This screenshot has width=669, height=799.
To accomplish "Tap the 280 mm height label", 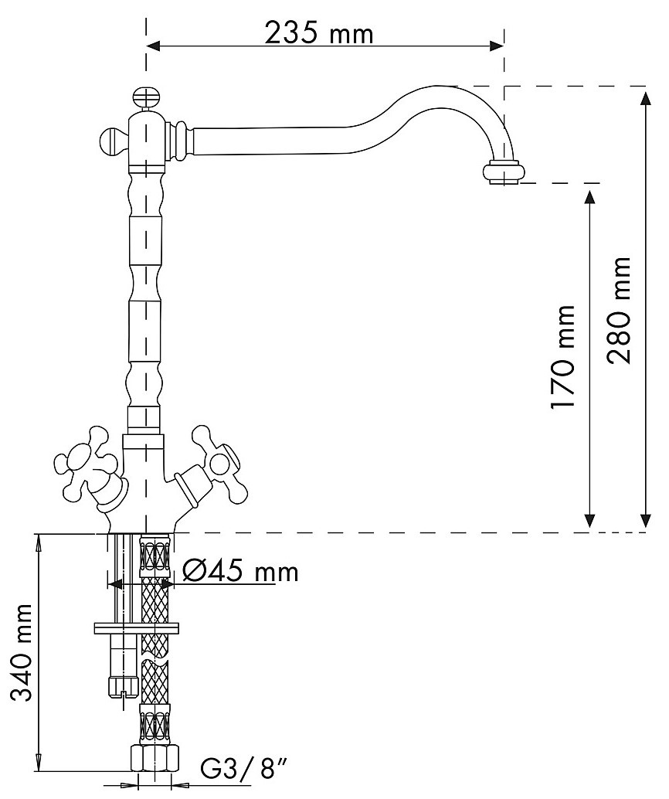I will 623,309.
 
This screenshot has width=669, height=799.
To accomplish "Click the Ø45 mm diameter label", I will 240,572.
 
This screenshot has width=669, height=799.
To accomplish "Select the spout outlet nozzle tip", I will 504,173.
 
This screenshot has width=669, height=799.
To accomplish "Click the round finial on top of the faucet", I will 144,98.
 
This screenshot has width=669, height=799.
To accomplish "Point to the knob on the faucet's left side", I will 112,142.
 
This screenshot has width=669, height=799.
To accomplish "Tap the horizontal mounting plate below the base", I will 135,628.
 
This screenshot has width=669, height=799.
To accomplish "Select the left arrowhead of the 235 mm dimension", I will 154,46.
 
